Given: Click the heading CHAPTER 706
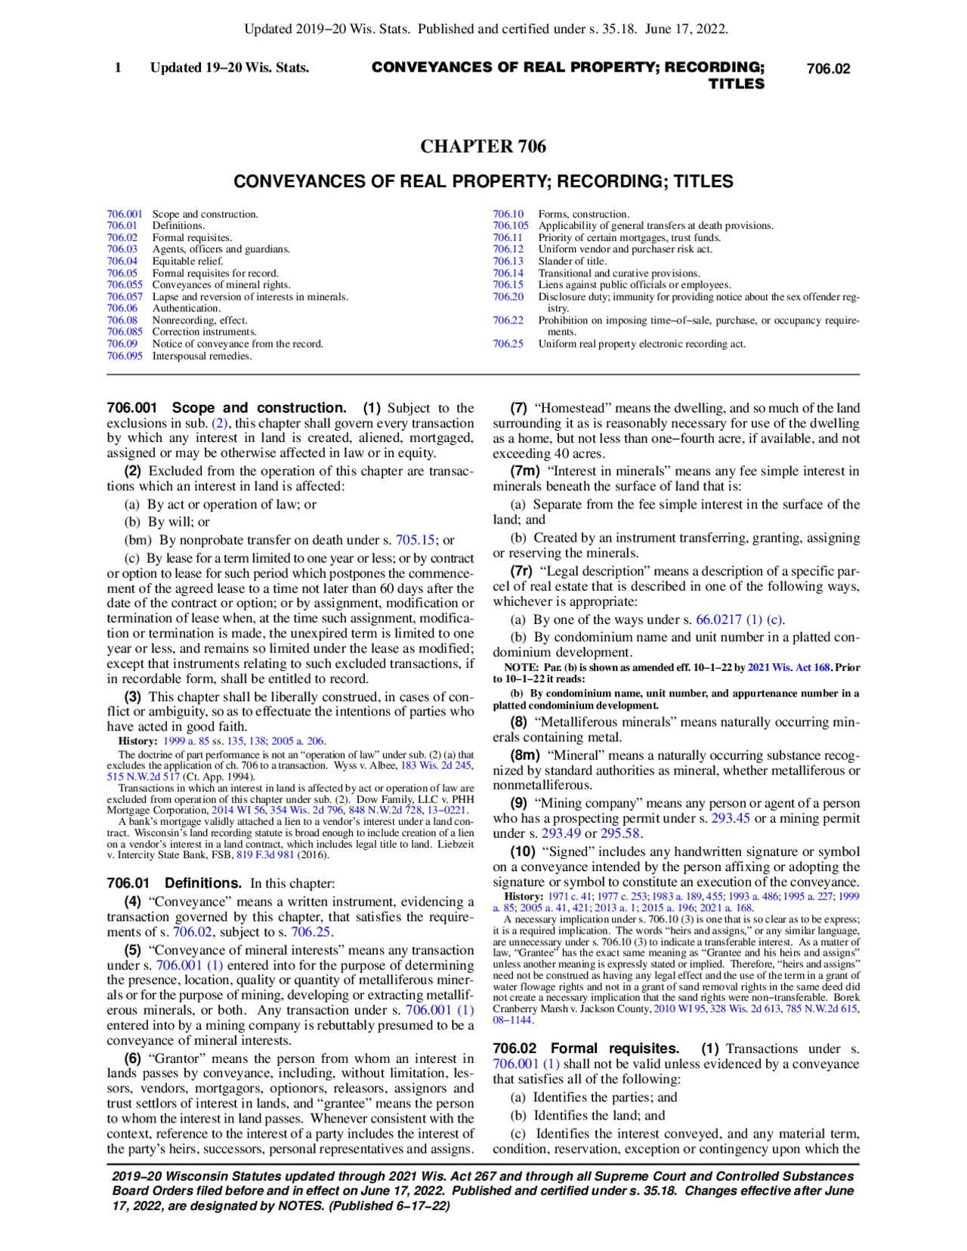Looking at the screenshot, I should (x=483, y=147).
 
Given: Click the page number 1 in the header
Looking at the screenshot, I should (x=118, y=68).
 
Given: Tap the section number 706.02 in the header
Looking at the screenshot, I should (x=828, y=69).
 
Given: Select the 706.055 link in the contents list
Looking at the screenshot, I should (x=125, y=285).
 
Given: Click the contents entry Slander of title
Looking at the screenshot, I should (x=572, y=261).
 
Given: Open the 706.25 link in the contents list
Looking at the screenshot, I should (x=508, y=344).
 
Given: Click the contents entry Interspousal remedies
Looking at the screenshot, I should (x=202, y=356).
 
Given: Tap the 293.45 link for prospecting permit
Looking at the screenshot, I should (x=730, y=818).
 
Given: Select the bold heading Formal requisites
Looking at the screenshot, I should (x=614, y=1049).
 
